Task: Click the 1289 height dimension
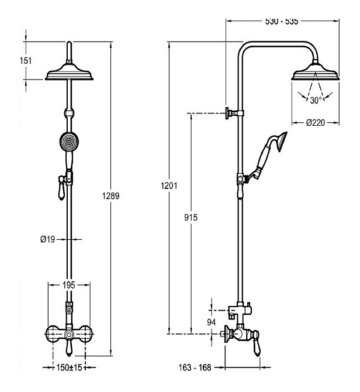pos(112,197)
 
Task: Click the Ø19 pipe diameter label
pos(48,239)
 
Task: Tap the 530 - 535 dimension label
pos(282,22)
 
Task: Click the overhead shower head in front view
pos(69,73)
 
